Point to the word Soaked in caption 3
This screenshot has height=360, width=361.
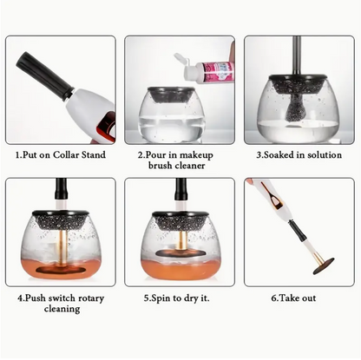[279, 154]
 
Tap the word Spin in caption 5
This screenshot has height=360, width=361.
[161, 298]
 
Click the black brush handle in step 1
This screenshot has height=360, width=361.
[43, 75]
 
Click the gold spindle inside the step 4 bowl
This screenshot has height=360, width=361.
[62, 247]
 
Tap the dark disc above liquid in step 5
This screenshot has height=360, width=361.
[180, 253]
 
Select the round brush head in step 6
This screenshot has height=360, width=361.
[324, 266]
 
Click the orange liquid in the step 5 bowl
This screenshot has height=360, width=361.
[180, 268]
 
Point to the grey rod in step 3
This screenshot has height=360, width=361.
[297, 56]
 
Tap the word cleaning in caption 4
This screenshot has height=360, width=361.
[62, 309]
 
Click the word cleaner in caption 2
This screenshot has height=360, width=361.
[191, 166]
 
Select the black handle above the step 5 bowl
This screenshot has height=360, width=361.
[181, 190]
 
